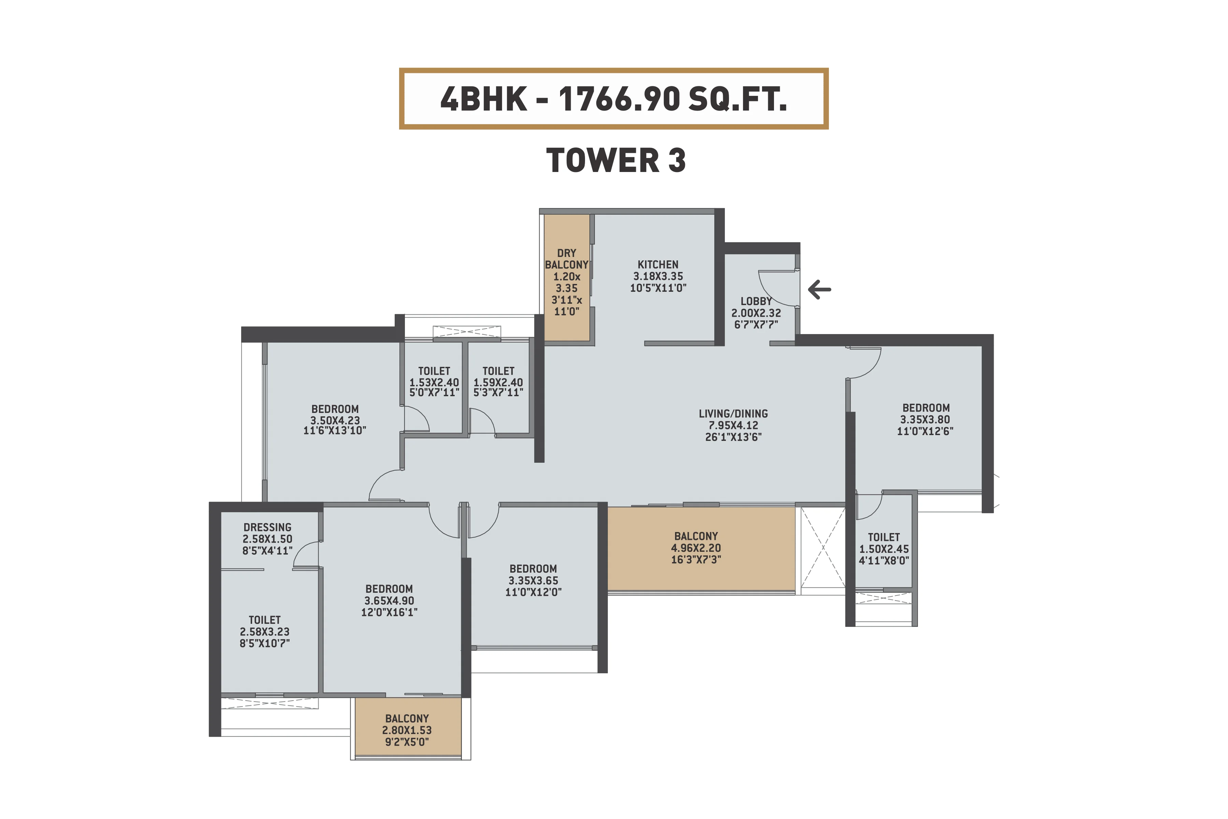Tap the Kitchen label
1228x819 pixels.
tap(658, 265)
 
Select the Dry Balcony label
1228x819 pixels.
tap(567, 259)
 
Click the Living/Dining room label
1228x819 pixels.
tap(733, 414)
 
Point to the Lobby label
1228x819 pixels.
tap(756, 301)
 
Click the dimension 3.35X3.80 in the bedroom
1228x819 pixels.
tap(925, 419)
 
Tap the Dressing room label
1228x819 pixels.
tap(267, 528)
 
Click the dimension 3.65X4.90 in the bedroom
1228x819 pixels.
tap(389, 601)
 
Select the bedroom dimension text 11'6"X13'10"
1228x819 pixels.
tap(335, 431)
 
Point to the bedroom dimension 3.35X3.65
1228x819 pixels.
tap(533, 580)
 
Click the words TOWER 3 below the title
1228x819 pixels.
tap(616, 160)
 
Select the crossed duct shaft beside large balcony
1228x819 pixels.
tap(823, 547)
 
